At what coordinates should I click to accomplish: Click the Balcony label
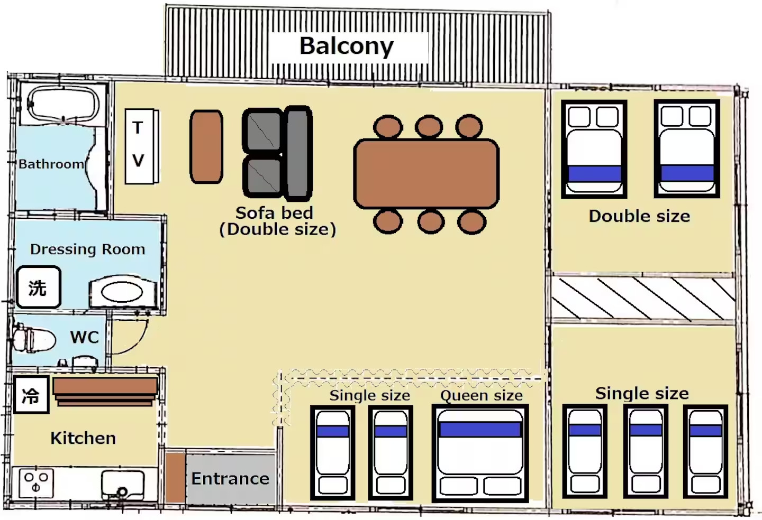click(x=346, y=46)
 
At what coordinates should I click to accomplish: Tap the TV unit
click(x=142, y=146)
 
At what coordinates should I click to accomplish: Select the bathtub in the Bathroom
click(x=63, y=105)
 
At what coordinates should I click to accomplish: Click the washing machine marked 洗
click(x=39, y=287)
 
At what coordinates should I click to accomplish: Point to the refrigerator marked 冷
click(x=31, y=395)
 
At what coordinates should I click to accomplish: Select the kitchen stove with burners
click(x=36, y=483)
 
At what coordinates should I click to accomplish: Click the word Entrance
click(x=230, y=479)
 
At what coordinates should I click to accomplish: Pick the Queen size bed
click(x=480, y=453)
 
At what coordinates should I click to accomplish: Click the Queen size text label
click(x=482, y=396)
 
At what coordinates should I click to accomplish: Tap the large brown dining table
click(x=427, y=173)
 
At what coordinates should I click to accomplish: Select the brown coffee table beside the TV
click(x=206, y=146)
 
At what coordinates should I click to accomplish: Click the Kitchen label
click(x=83, y=438)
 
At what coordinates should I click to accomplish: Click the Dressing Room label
click(x=88, y=249)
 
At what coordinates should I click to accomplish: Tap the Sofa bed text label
click(x=274, y=213)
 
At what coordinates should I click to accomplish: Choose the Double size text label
click(x=640, y=216)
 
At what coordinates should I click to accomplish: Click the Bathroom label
click(x=51, y=164)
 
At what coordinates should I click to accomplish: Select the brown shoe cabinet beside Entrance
click(x=176, y=478)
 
